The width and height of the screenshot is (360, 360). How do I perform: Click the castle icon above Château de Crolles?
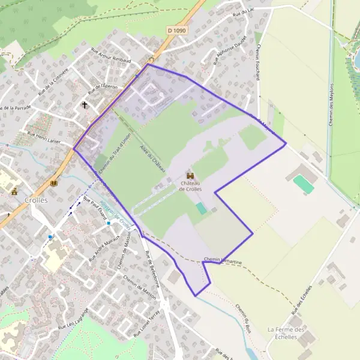pyautogui.click(x=190, y=175)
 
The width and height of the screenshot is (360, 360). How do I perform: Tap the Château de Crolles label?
pyautogui.click(x=190, y=186)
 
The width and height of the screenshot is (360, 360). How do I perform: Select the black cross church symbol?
pyautogui.click(x=85, y=105)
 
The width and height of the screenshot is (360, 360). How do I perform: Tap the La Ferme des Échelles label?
pyautogui.click(x=287, y=333)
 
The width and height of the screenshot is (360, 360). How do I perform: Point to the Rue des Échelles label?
pyautogui.click(x=302, y=299)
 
